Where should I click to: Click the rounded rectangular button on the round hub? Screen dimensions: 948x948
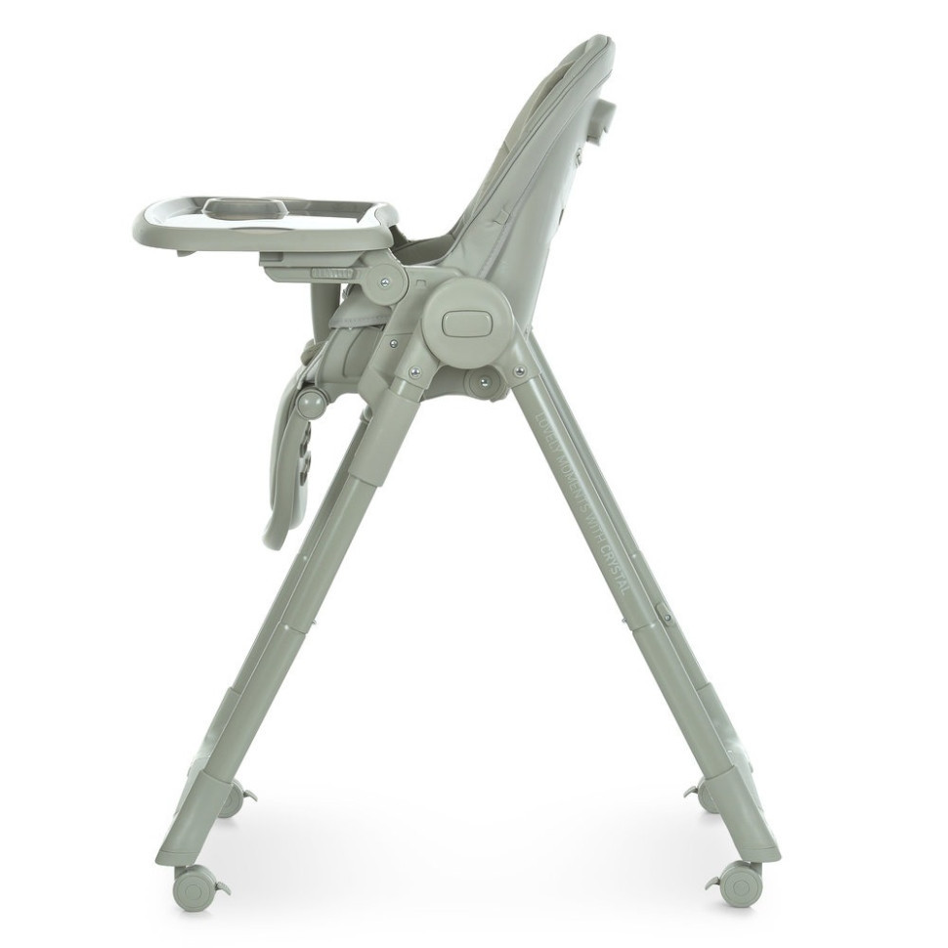coord(465,323)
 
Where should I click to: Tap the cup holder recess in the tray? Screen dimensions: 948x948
coord(244,207)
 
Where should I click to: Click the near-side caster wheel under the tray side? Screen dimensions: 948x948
coord(194,887)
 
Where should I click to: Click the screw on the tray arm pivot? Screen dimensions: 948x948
coord(385,282)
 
